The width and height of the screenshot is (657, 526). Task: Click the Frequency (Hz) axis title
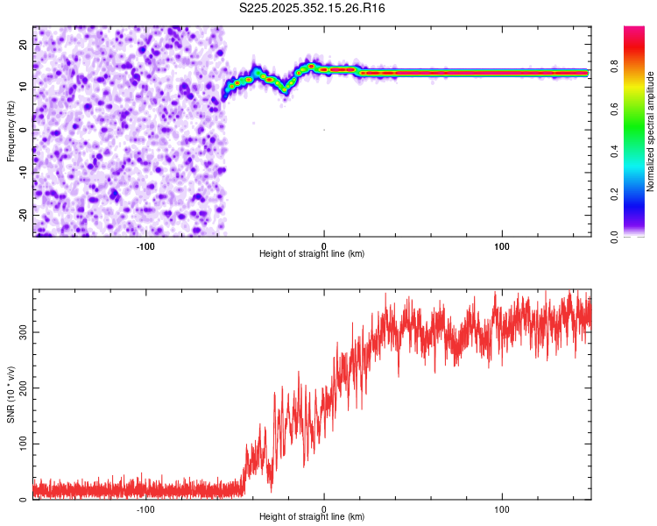pyautogui.click(x=11, y=131)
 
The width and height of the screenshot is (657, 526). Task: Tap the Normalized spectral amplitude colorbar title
pyautogui.click(x=651, y=131)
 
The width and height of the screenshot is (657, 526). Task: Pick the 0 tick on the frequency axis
pyautogui.click(x=26, y=130)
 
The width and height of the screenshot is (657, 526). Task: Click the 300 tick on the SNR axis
pyautogui.click(x=21, y=332)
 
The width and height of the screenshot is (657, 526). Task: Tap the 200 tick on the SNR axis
pyautogui.click(x=21, y=388)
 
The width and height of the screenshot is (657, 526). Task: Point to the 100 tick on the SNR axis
pyautogui.click(x=21, y=444)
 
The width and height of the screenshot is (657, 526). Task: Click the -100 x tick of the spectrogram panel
pyautogui.click(x=145, y=245)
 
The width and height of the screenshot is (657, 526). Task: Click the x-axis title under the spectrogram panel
pyautogui.click(x=312, y=254)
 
